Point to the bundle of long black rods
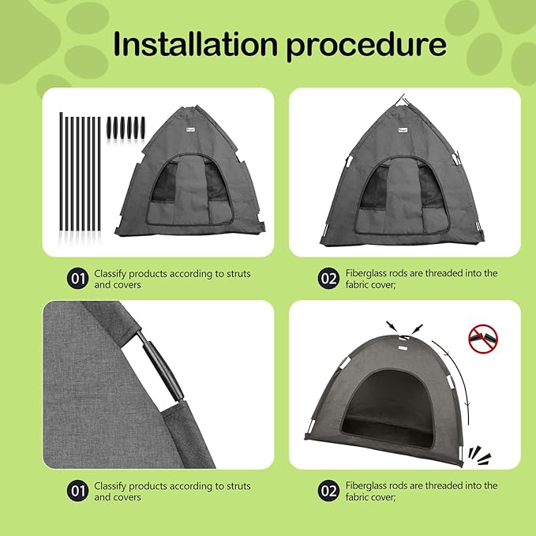pos(80,173)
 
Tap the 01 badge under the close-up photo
pos(77,491)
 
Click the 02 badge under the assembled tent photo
pos(328,491)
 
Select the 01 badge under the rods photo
pos(77,279)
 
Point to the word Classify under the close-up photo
pos(113,485)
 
